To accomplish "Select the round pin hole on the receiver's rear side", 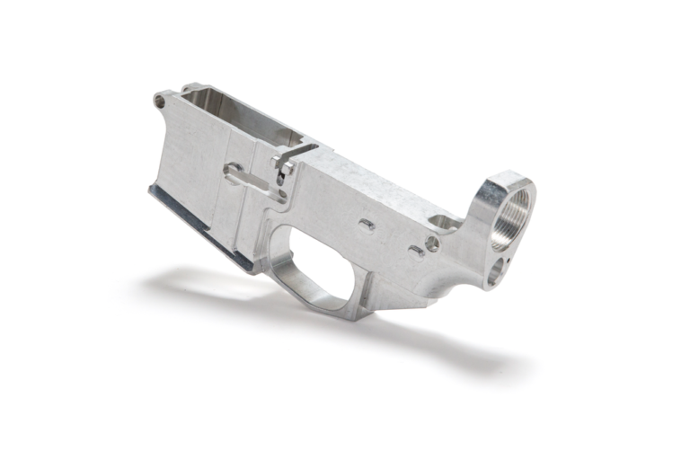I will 432,243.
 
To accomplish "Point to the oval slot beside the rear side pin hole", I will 416,251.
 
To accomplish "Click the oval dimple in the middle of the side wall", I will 366,224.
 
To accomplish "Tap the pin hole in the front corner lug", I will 160,101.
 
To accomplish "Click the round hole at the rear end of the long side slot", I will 232,169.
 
